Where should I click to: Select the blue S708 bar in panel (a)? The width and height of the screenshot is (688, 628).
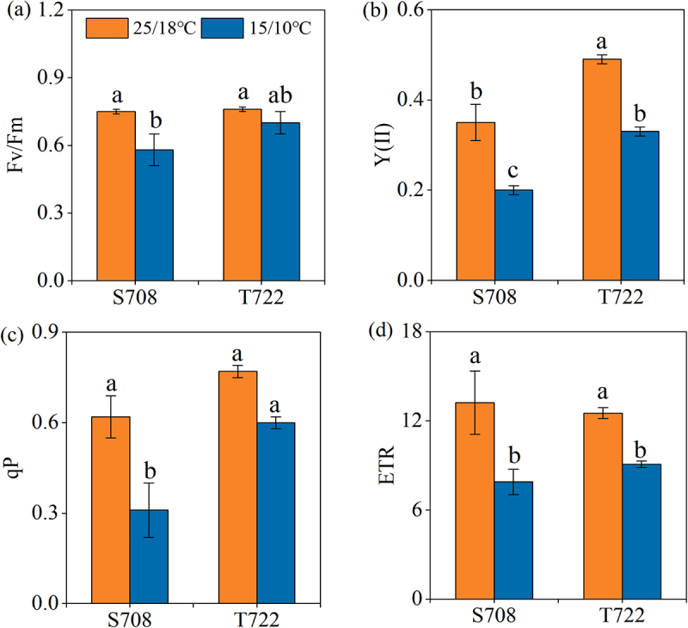[x=154, y=215]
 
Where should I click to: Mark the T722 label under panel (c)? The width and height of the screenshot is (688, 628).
[x=256, y=618]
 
